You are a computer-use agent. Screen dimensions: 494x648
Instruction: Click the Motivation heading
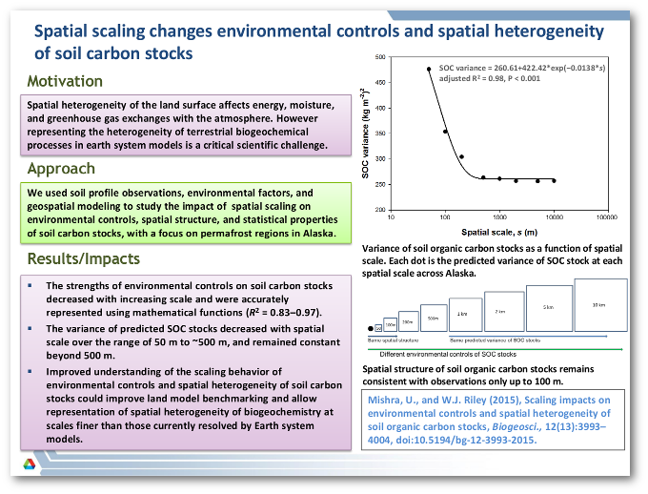click(65, 81)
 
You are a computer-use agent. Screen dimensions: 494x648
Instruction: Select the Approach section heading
click(61, 169)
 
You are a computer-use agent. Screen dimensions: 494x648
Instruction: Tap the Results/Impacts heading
click(84, 258)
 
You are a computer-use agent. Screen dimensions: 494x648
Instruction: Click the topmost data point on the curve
click(429, 69)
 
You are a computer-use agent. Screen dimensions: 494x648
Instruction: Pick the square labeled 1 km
click(462, 315)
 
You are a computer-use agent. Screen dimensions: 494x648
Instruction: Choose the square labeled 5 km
click(548, 308)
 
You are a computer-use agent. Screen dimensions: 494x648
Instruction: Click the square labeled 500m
click(433, 319)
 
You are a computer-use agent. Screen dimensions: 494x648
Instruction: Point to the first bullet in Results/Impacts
click(30, 285)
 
